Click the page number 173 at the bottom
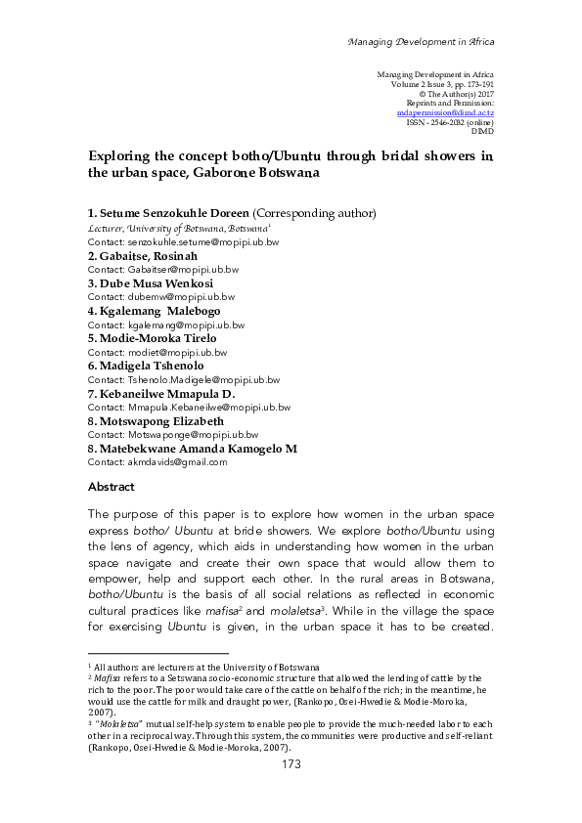tap(291, 764)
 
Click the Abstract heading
tap(111, 486)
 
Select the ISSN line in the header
tap(450, 121)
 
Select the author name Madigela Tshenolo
tap(148, 366)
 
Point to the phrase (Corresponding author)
tap(314, 213)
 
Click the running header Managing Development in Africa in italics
tap(422, 42)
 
